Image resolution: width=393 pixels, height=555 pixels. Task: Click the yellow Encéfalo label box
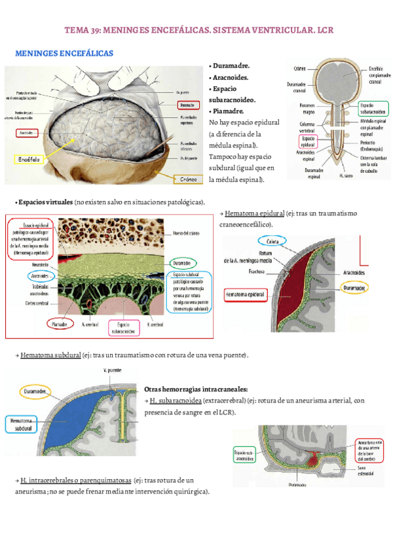click(30, 159)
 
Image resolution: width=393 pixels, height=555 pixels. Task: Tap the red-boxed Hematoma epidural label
click(248, 296)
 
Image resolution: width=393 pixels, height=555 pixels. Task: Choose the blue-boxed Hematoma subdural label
click(22, 424)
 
